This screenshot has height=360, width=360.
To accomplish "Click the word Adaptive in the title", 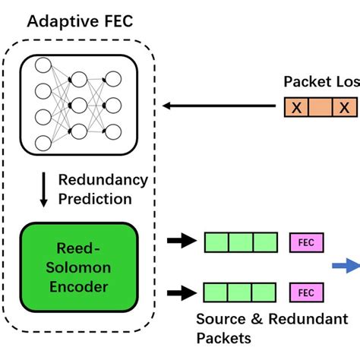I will [x=59, y=20].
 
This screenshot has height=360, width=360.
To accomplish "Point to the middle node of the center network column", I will [x=77, y=103].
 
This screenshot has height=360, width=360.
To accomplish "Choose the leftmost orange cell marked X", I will [x=297, y=108].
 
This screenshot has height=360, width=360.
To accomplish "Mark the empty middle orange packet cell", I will [x=321, y=108].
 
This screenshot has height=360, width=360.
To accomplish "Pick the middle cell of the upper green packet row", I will [x=240, y=242].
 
